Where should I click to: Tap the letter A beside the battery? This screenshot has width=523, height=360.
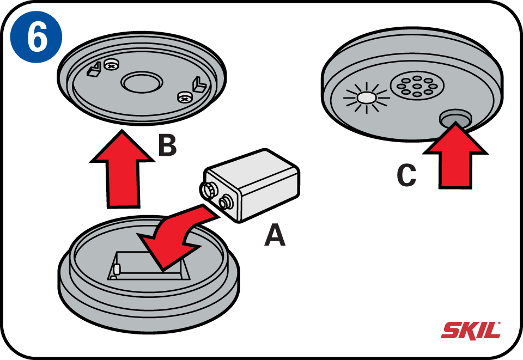pos(275,235)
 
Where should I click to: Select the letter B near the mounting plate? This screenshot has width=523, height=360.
pos(167,146)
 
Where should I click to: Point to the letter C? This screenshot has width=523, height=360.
pos(406,175)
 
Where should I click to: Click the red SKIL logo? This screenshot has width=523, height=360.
pos(470,330)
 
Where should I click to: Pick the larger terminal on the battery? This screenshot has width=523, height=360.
pos(208,190)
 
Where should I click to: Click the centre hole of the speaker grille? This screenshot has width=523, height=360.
pos(417,86)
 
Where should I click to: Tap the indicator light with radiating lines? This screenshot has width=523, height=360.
pos(366,98)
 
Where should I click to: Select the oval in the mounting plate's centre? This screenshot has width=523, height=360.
pos(141,83)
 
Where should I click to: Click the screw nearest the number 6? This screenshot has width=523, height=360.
pos(111,65)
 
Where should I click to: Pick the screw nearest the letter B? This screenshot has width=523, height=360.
pos(185,97)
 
